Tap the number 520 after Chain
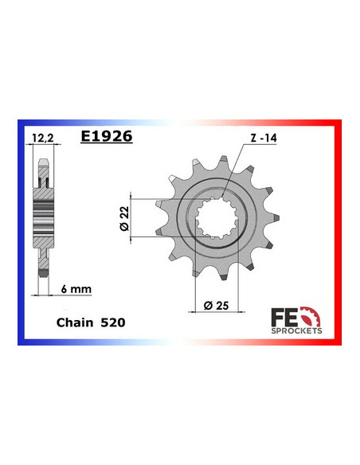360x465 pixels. coord(112,324)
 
